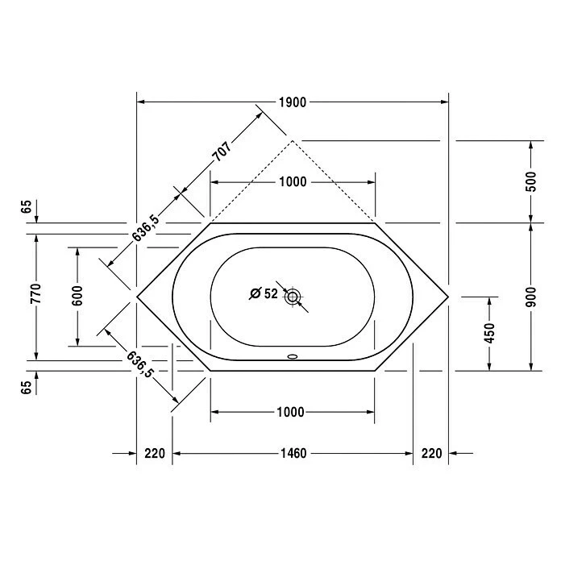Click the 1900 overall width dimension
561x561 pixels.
click(x=293, y=102)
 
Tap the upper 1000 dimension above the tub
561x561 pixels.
click(x=293, y=181)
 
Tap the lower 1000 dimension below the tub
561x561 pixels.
click(x=289, y=413)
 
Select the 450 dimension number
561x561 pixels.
click(x=489, y=333)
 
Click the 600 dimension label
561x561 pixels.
click(x=77, y=296)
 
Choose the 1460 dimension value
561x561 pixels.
click(x=293, y=454)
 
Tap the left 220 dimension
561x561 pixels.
click(x=155, y=454)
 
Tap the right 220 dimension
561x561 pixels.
click(x=431, y=454)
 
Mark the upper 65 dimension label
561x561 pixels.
click(x=27, y=207)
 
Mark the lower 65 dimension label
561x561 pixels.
click(x=27, y=386)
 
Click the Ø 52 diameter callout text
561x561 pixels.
click(x=264, y=294)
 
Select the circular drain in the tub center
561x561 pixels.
click(x=292, y=296)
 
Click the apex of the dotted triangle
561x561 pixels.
click(x=293, y=140)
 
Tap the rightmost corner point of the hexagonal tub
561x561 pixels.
click(x=448, y=296)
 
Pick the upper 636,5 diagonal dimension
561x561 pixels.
click(x=146, y=228)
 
